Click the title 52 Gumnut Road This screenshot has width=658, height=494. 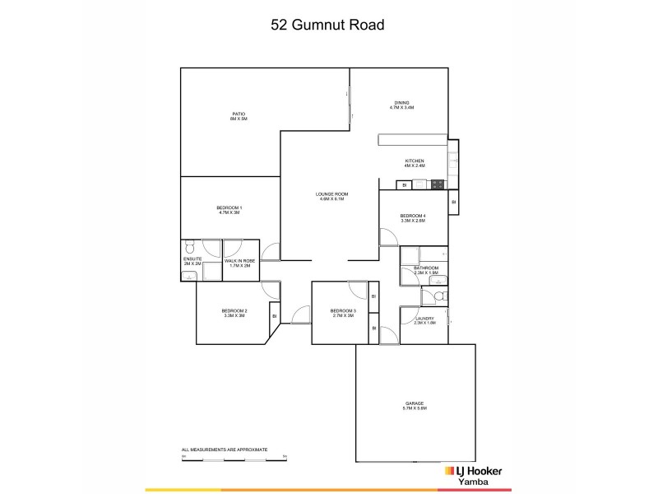coord(328,25)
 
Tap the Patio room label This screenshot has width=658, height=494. coord(239,116)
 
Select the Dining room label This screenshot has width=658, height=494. coord(401,105)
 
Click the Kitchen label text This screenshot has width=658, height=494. coord(414,162)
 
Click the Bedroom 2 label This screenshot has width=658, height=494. coord(234,313)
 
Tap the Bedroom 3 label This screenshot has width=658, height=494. coord(342,313)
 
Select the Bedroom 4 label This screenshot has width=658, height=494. coord(413,218)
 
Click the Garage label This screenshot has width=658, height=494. coord(414,406)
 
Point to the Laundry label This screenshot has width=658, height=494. coord(424,320)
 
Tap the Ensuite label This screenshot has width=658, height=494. coord(192,262)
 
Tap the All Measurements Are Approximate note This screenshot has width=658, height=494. coord(225,450)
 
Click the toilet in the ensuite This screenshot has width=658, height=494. coord(190,245)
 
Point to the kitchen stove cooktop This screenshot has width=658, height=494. coord(437,184)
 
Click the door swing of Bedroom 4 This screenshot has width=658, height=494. coord(387,236)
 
